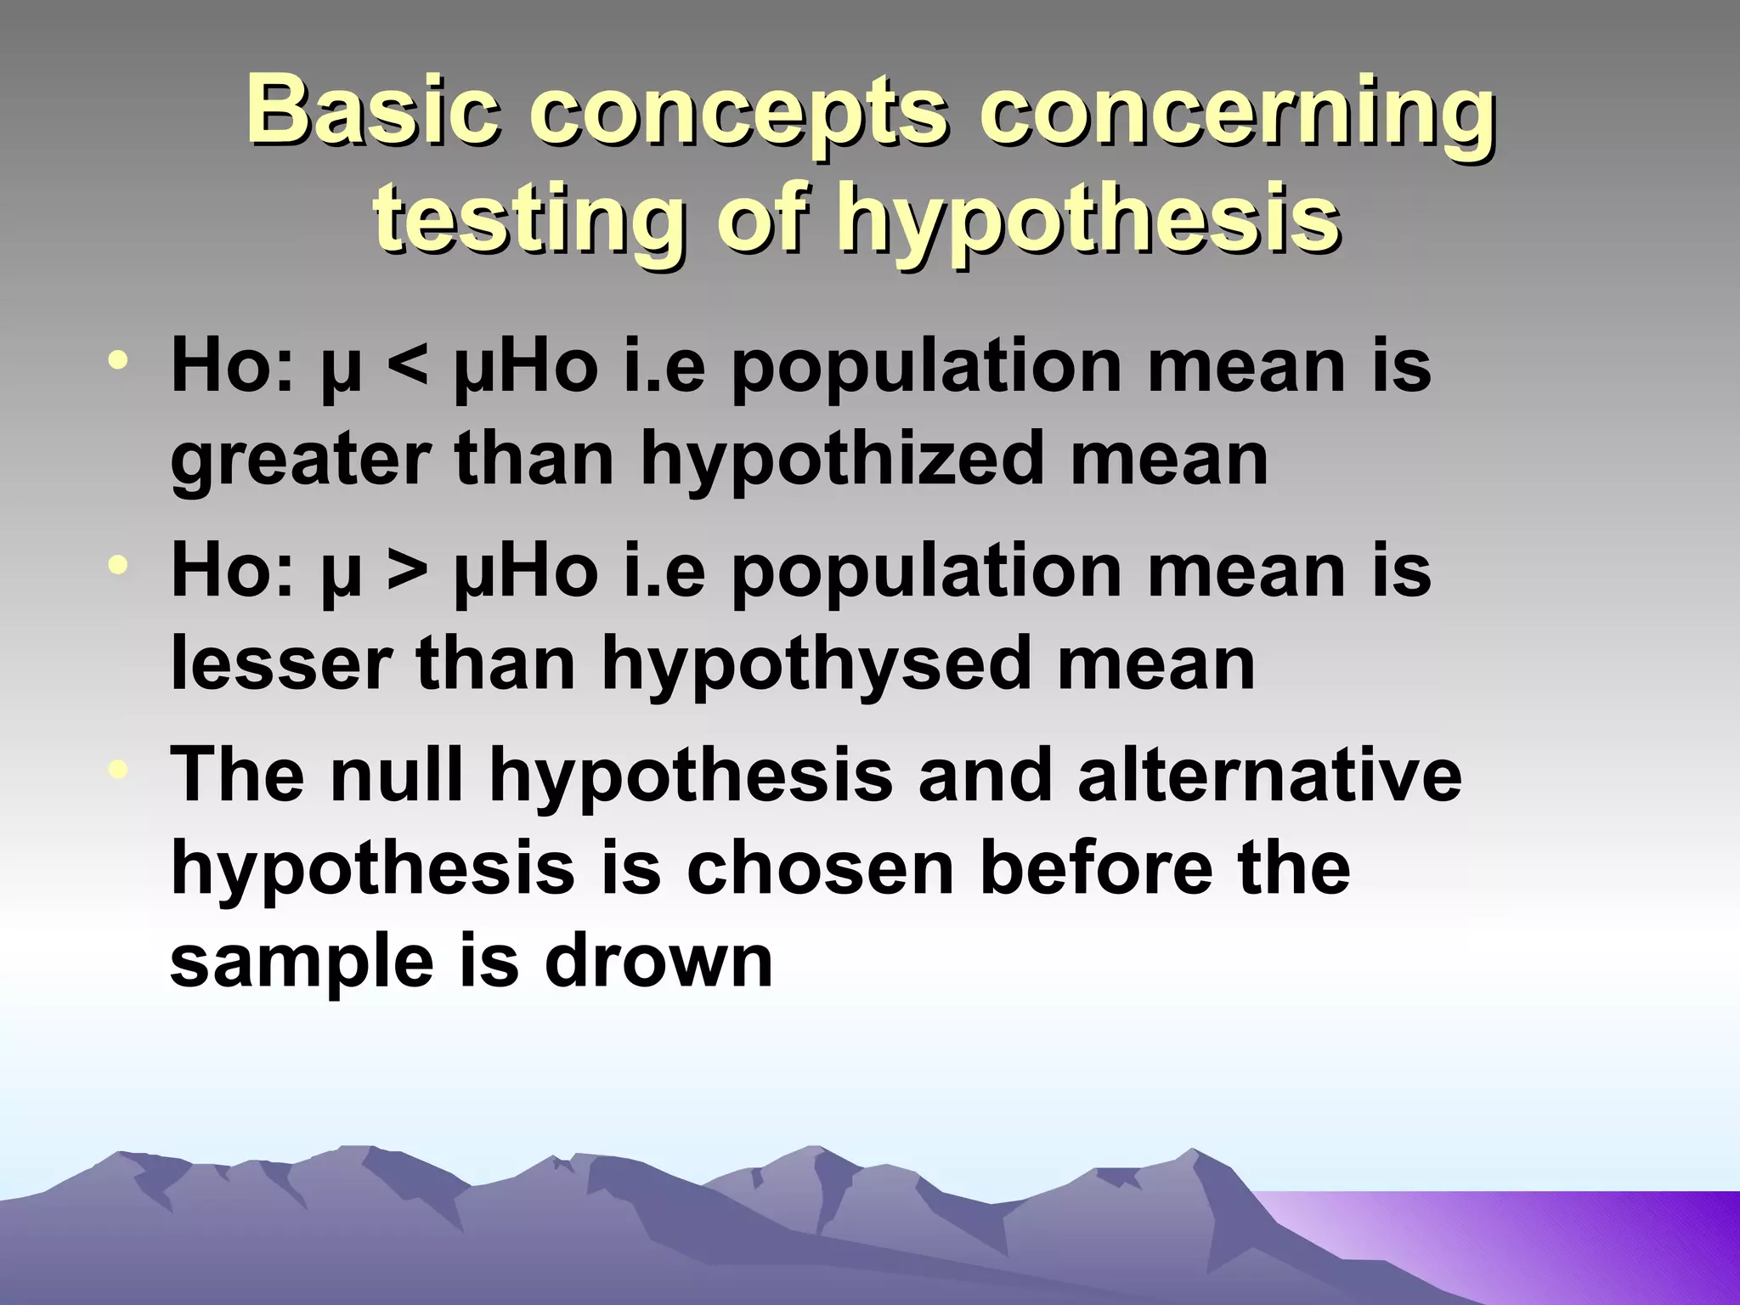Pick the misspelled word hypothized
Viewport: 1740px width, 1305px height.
coord(841,460)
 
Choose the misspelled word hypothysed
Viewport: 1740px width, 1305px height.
coord(816,664)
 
